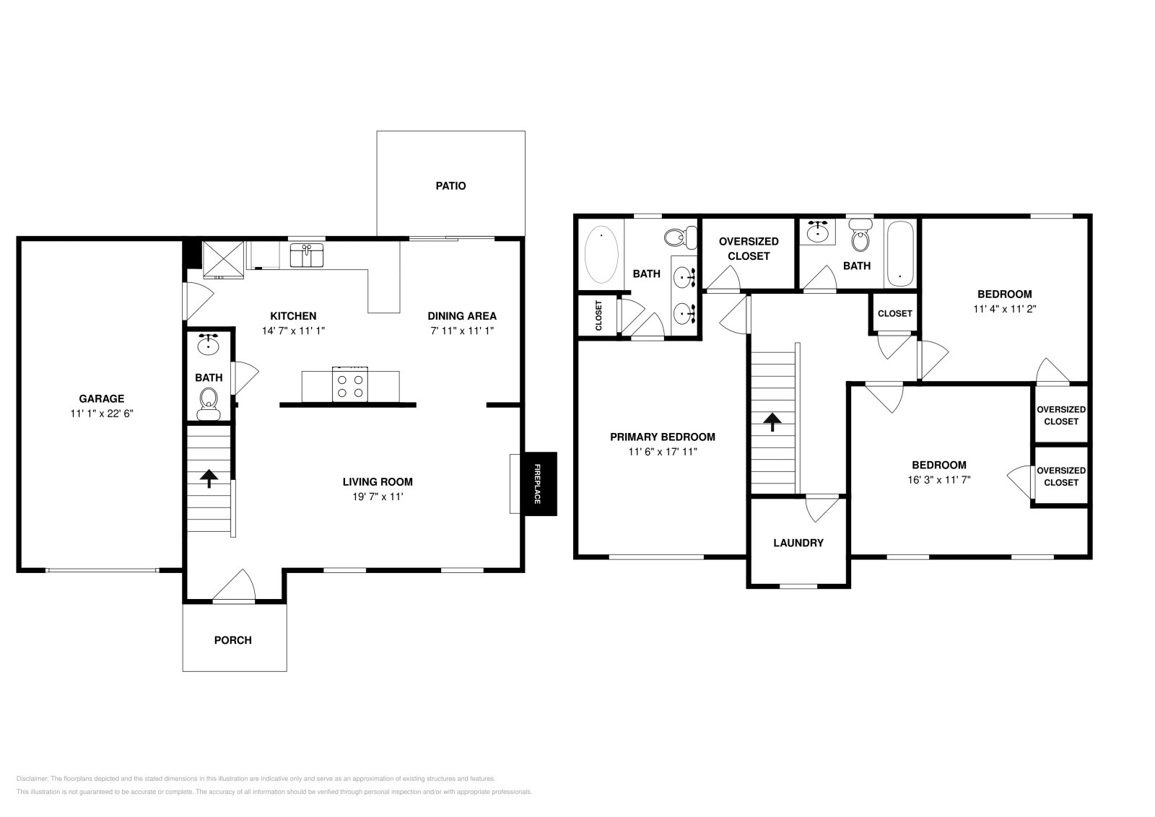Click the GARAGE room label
102,398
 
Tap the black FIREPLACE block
541,484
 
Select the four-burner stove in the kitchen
350,385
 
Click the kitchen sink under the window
307,255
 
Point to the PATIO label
450,185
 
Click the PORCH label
233,640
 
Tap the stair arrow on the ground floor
209,479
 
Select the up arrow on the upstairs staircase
772,422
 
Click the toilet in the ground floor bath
209,405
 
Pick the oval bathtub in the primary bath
601,255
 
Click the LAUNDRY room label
798,543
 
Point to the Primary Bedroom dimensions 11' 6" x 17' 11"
663,452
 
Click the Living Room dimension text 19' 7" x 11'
378,497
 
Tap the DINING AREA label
462,316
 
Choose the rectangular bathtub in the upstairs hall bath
899,254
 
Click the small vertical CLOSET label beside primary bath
598,315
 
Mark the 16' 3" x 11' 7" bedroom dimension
939,480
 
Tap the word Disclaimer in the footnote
32,779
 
